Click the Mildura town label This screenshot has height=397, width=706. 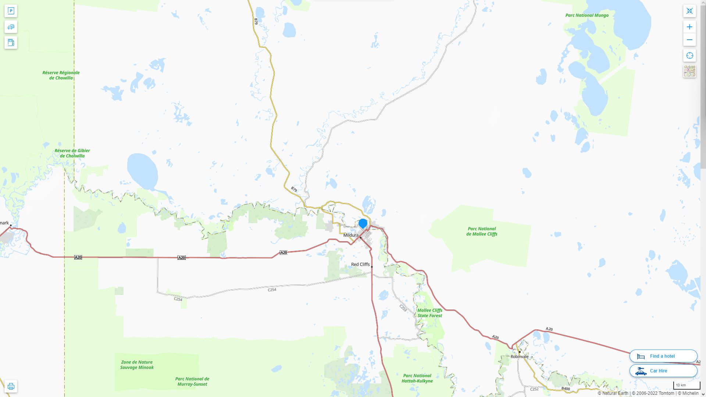pos(350,235)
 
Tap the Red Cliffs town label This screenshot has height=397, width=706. pos(360,264)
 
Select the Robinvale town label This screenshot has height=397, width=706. pos(519,357)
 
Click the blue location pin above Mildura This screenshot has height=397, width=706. pos(363,223)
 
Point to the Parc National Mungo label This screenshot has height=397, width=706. pos(586,15)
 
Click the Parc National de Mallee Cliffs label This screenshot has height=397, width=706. pos(481,231)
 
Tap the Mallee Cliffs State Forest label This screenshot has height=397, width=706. pos(429,313)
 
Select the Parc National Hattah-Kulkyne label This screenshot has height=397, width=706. pos(417,378)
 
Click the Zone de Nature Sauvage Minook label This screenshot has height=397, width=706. pos(136,365)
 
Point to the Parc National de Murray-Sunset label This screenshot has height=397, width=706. pos(192,382)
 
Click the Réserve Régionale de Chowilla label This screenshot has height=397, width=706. pos(61,75)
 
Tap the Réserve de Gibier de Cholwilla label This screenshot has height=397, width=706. pos(72,153)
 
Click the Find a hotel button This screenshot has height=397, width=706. pos(663,356)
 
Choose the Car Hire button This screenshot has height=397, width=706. pos(663,371)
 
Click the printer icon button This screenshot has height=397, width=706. pos(11,386)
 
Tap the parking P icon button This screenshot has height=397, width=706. pos(11,11)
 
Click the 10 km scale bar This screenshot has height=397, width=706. pos(686,386)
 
